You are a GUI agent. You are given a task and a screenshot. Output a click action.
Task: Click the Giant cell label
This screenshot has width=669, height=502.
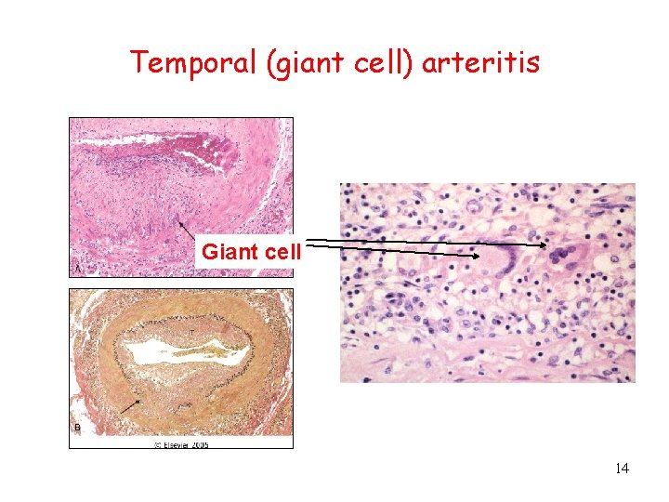pyautogui.click(x=251, y=251)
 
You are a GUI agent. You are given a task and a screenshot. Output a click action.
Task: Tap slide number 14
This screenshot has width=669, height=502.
pyautogui.click(x=622, y=469)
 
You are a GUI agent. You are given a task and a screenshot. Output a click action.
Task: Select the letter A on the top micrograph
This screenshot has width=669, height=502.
pyautogui.click(x=77, y=267)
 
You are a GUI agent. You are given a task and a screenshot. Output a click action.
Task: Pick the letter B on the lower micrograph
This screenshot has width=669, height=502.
pyautogui.click(x=77, y=427)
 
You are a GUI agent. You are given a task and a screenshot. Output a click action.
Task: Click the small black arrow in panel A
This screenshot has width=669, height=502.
pyautogui.click(x=186, y=229)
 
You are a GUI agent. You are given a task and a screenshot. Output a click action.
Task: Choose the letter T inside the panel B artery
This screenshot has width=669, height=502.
pyautogui.click(x=192, y=332)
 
